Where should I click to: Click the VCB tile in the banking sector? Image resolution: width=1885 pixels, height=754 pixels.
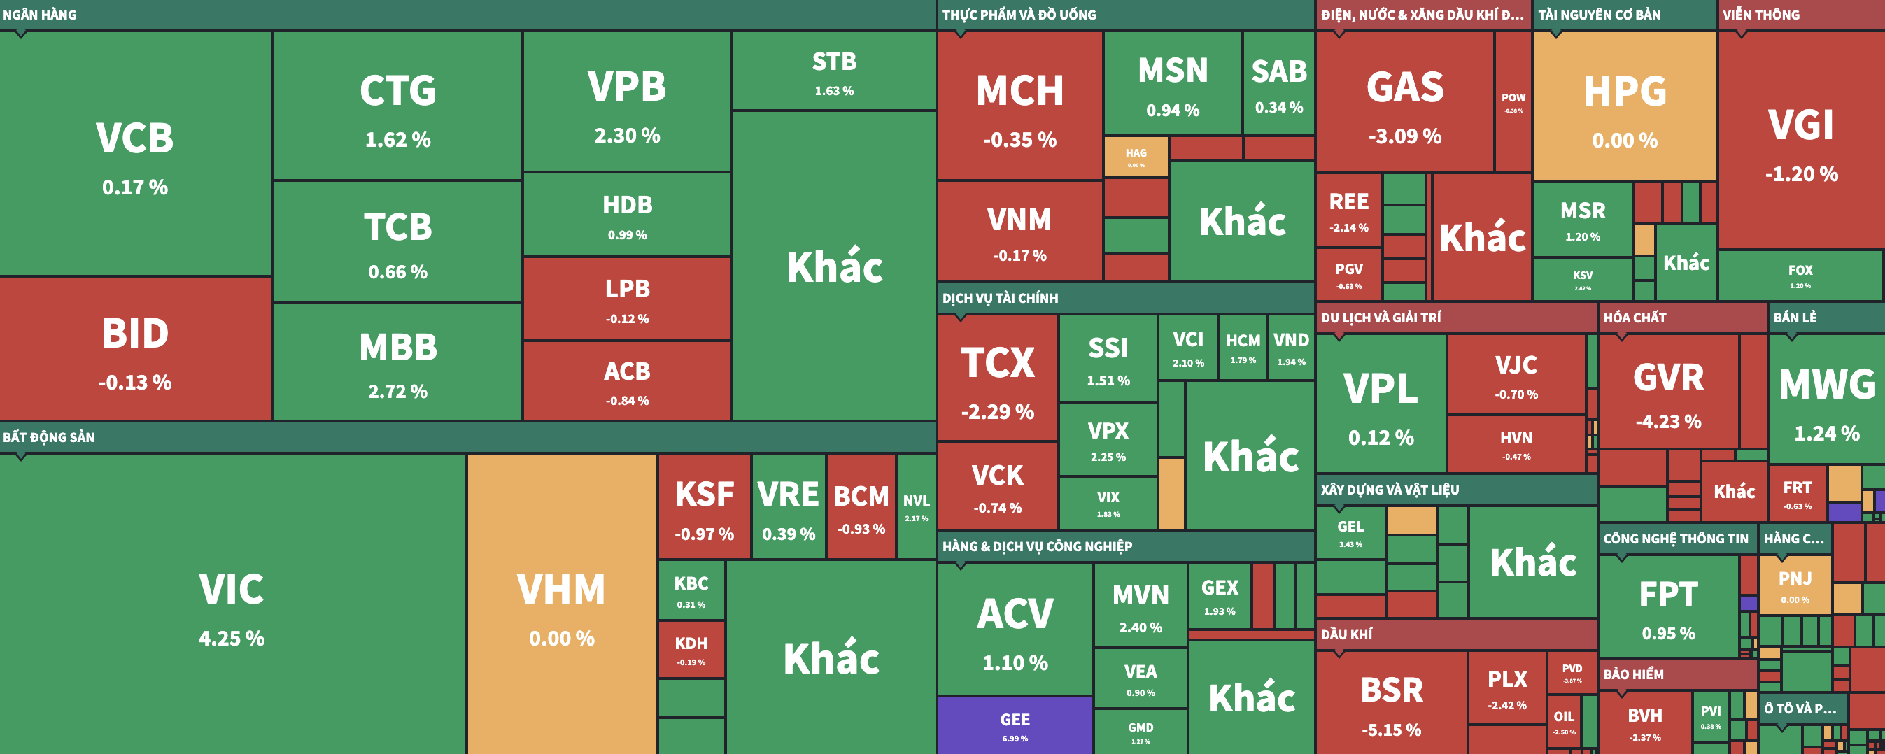click(x=135, y=154)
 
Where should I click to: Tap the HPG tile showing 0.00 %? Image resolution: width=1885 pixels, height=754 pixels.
click(x=1625, y=106)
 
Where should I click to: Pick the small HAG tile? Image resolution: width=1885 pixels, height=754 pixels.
click(x=1136, y=156)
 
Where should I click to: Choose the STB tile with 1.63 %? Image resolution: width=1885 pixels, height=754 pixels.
click(x=833, y=71)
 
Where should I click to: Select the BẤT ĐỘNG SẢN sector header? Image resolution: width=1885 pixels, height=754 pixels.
click(x=48, y=437)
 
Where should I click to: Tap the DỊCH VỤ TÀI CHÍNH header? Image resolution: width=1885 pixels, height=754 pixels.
click(x=1000, y=299)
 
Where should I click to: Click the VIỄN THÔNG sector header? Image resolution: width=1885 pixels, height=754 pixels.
click(x=1760, y=15)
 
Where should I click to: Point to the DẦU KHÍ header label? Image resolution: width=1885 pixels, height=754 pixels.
click(x=1346, y=635)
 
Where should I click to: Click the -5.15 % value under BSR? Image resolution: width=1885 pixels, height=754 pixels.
click(x=1391, y=730)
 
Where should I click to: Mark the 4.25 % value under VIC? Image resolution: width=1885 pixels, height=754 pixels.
click(x=231, y=639)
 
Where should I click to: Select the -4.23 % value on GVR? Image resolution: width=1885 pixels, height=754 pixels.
click(x=1668, y=422)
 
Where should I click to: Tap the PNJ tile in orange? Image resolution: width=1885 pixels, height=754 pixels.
click(x=1795, y=585)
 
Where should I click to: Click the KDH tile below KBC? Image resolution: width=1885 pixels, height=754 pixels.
click(x=691, y=648)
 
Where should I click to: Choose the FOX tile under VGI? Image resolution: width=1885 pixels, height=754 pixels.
click(x=1800, y=275)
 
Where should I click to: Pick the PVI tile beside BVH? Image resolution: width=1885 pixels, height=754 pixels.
click(x=1711, y=716)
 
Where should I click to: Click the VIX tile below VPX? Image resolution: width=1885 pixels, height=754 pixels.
click(x=1108, y=502)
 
